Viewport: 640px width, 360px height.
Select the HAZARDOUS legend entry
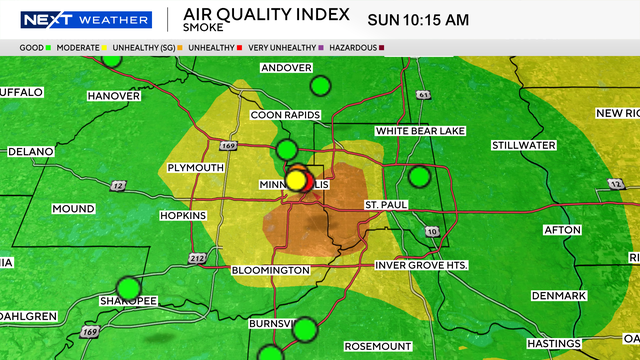pyautogui.click(x=353, y=47)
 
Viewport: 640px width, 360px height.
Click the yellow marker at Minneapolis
pyautogui.click(x=297, y=181)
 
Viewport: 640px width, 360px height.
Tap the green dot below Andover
pyautogui.click(x=320, y=86)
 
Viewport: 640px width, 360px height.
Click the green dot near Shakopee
pyautogui.click(x=128, y=286)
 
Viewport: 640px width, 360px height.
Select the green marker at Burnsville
pyautogui.click(x=306, y=328)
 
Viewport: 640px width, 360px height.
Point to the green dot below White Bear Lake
pyautogui.click(x=420, y=177)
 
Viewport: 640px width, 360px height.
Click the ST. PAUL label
pyautogui.click(x=386, y=205)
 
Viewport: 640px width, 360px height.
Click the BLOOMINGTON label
pyautogui.click(x=271, y=271)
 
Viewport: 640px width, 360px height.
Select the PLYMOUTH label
pyautogui.click(x=197, y=167)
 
